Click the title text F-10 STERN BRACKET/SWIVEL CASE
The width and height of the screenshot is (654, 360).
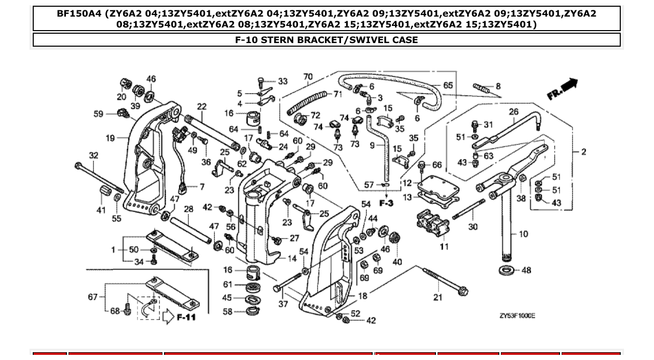326,40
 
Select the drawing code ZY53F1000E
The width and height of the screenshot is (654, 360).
517,316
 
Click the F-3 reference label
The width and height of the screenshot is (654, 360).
386,203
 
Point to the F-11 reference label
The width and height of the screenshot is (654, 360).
186,316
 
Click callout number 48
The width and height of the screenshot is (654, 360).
526,270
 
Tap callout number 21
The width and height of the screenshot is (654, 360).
439,297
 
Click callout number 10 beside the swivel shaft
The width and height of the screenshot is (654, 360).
523,234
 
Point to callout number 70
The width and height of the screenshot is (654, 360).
308,77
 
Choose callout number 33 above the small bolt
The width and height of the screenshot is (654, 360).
282,81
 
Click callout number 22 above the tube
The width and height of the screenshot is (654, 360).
201,106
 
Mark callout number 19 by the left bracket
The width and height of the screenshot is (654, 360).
110,138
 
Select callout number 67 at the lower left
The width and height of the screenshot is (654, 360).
92,297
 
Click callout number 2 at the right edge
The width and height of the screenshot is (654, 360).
583,152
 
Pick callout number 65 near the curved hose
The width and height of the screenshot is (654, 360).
447,85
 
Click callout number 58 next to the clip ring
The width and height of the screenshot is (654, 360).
227,312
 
